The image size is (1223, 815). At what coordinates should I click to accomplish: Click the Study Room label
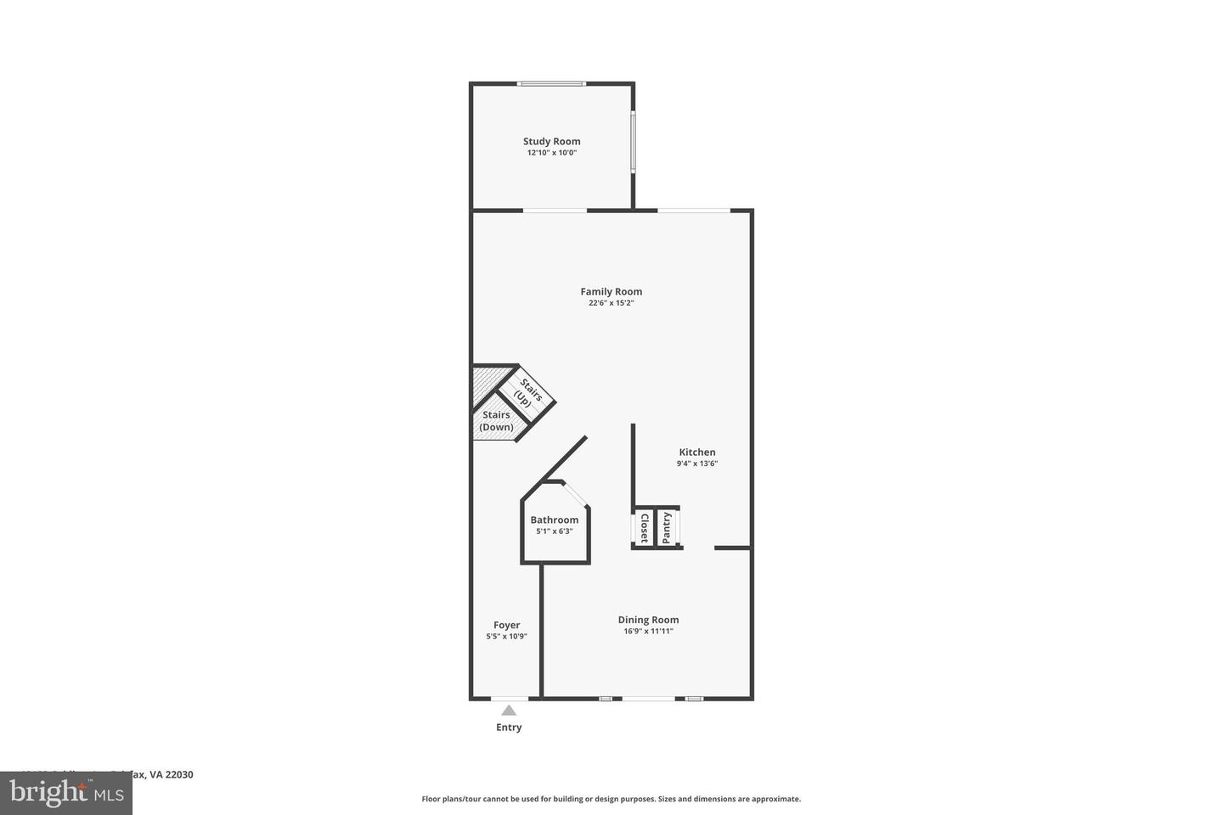[551, 142]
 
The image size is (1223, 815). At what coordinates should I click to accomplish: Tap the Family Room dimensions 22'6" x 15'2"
[611, 303]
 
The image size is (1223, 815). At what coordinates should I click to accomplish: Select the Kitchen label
[696, 452]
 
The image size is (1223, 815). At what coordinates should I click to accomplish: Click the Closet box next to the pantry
[644, 528]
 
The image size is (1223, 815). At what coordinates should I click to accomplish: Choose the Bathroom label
[554, 520]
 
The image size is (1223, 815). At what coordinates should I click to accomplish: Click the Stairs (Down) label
[496, 421]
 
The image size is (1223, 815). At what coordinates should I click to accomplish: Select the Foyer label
[506, 626]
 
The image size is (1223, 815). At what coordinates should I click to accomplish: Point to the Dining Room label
[648, 620]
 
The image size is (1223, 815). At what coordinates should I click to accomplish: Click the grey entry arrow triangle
[508, 711]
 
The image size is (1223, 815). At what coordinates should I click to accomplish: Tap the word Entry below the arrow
[509, 728]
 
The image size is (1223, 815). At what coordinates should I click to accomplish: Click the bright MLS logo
[65, 793]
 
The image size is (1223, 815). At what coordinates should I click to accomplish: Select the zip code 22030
[179, 774]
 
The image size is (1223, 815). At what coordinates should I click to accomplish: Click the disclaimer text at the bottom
[611, 799]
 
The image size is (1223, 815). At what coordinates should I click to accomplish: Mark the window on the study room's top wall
[551, 83]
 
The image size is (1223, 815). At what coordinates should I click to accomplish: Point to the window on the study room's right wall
[633, 142]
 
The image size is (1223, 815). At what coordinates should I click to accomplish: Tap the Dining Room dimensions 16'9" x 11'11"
[648, 632]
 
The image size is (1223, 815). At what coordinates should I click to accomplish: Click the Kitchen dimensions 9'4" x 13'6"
[696, 464]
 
